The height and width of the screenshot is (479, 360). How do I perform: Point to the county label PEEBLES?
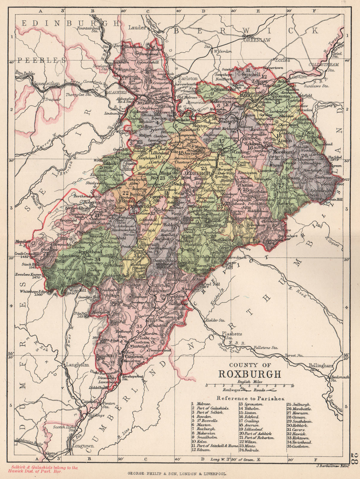tap(41, 60)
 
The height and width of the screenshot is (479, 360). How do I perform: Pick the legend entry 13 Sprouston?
tap(251, 404)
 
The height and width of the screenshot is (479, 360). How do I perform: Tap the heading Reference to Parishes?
tap(250, 398)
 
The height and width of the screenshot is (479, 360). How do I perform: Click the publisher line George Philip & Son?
tap(177, 474)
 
